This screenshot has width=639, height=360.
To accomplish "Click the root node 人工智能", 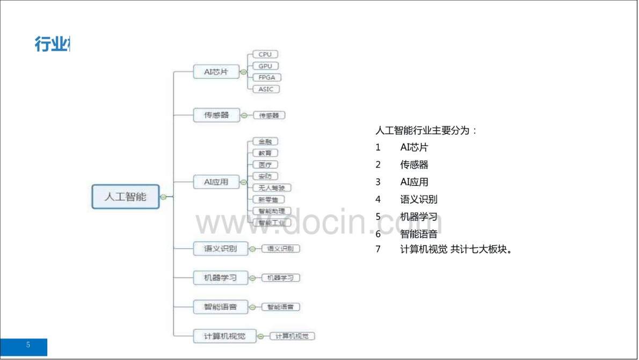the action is tap(125, 197).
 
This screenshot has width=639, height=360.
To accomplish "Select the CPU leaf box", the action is tap(265, 54).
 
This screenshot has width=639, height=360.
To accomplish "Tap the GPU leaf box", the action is tap(265, 66).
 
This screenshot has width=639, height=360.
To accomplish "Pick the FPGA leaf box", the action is tap(266, 77).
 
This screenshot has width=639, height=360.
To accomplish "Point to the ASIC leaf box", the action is tap(266, 89).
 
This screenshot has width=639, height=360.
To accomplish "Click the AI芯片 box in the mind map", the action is tap(216, 72).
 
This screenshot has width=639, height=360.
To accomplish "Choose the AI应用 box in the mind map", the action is tap(216, 182).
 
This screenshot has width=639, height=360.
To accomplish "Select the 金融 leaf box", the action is tap(265, 142).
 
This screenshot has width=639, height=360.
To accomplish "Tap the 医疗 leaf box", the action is tap(265, 165).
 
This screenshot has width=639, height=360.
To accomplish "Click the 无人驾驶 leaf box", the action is tap(271, 188).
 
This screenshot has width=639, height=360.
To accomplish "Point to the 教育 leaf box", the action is tap(265, 153).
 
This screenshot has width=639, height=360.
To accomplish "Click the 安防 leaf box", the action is tap(265, 176).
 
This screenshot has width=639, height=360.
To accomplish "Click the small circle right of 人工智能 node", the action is tap(163, 197).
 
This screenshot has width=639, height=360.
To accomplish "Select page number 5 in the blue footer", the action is tap(28, 345).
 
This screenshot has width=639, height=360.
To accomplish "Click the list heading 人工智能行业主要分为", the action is tap(426, 131).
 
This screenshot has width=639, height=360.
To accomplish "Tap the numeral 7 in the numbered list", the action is tap(378, 249).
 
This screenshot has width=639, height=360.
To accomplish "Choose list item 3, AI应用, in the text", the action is tap(415, 182).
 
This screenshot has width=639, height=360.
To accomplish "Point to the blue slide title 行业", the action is tap(52, 45).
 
